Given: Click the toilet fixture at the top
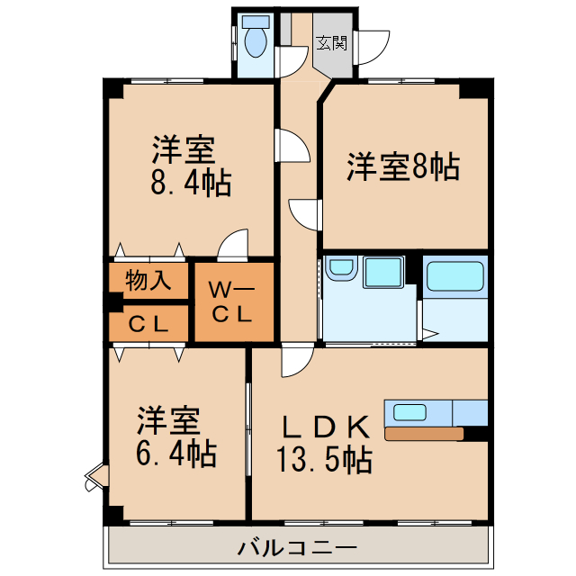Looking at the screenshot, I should pyautogui.click(x=256, y=40).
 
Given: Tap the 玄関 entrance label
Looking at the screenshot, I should pyautogui.click(x=330, y=41).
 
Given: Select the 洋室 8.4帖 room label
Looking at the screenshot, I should pyautogui.click(x=190, y=165).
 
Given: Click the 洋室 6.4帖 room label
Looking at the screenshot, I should pyautogui.click(x=176, y=437).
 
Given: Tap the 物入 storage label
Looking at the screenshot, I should pyautogui.click(x=148, y=280).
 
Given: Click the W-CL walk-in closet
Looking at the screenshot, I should pyautogui.click(x=233, y=302).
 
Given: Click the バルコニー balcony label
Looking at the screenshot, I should pyautogui.click(x=298, y=546).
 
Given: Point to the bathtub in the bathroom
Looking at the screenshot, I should pyautogui.click(x=454, y=276).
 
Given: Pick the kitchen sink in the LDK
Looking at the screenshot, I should pyautogui.click(x=409, y=412).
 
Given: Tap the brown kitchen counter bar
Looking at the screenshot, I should pyautogui.click(x=423, y=435).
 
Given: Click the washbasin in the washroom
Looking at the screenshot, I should pyautogui.click(x=341, y=270).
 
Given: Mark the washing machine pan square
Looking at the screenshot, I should pyautogui.click(x=385, y=274).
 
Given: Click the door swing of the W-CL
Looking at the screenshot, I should pyautogui.click(x=234, y=245).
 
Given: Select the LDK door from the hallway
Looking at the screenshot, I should pyautogui.click(x=294, y=362).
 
